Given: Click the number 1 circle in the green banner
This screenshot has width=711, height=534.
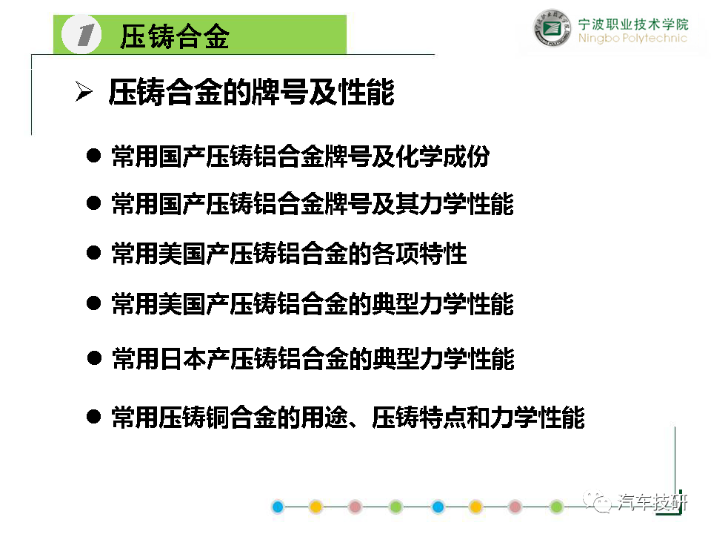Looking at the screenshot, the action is [x=81, y=35].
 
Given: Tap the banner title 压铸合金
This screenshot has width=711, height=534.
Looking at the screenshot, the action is [x=175, y=36].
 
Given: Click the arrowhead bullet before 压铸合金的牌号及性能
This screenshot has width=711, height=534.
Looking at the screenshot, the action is [x=84, y=91].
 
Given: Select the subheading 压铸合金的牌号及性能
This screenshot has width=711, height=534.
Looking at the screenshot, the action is [x=252, y=92].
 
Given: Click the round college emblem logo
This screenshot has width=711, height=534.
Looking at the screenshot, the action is [x=552, y=28].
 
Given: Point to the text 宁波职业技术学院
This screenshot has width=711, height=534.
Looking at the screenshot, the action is [x=633, y=24].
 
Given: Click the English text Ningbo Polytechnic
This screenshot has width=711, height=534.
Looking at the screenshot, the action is [x=632, y=38].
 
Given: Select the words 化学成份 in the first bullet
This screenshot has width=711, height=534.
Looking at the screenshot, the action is [x=443, y=156].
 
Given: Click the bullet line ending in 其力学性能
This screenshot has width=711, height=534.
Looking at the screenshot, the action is [x=313, y=203].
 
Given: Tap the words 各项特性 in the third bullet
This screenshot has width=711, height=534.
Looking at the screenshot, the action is [x=419, y=254].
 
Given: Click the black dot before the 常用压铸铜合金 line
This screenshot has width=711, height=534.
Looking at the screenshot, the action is [x=93, y=416].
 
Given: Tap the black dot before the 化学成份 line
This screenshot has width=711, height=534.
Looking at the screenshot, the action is [x=93, y=156].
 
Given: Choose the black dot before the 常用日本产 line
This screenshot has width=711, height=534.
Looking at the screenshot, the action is [x=94, y=357].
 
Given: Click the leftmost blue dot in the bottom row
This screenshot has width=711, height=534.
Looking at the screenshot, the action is [x=278, y=507].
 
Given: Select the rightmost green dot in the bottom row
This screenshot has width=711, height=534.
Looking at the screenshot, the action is [x=556, y=507].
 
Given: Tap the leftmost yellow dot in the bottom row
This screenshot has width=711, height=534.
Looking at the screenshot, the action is [x=316, y=507].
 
